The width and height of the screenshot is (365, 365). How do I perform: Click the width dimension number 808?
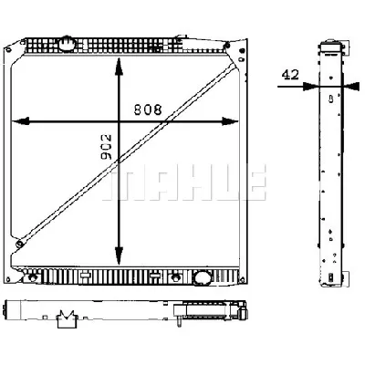pos(150,109)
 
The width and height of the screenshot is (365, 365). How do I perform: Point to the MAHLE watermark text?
pos(186,182)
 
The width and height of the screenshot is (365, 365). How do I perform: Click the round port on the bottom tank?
pos(202,277)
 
